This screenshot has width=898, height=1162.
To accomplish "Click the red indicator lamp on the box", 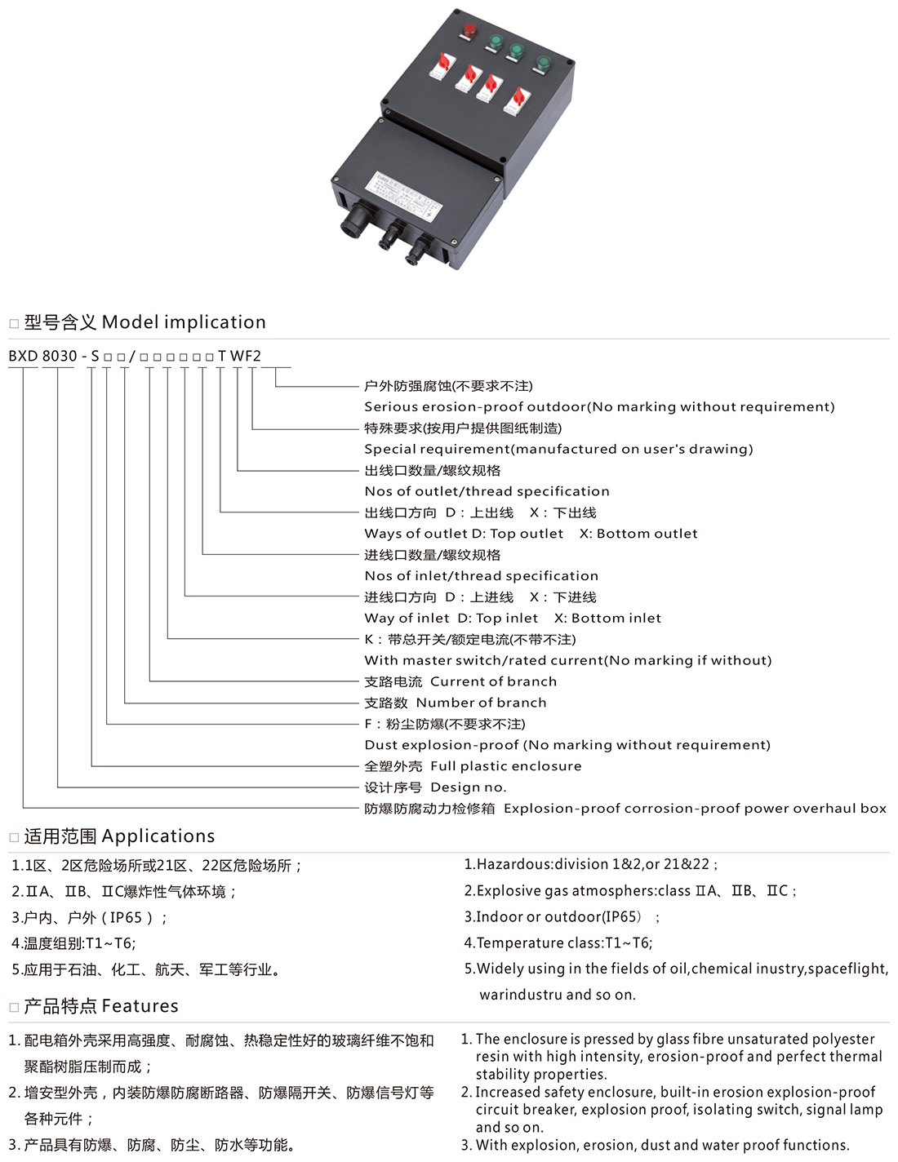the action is click(469, 30).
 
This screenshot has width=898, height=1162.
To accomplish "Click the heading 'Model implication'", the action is click(184, 322).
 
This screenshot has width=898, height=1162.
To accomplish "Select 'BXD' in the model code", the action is click(23, 356).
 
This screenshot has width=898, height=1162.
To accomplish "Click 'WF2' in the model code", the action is click(246, 356).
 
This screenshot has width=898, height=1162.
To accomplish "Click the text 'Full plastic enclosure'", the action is click(505, 765).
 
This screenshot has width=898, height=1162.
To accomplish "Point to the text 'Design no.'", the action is click(468, 787).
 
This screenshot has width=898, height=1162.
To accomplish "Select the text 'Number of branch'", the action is click(481, 702).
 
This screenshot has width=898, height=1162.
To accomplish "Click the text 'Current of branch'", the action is click(493, 681).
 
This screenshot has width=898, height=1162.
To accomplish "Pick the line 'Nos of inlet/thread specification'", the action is click(481, 575).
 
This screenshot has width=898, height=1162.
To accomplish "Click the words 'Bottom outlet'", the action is click(647, 533).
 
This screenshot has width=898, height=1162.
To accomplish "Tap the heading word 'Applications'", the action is click(158, 836).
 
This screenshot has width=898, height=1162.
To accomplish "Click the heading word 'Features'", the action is click(140, 1006).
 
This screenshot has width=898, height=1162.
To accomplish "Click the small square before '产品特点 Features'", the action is click(14, 1008).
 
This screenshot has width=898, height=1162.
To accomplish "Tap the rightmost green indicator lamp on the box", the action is click(543, 63).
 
